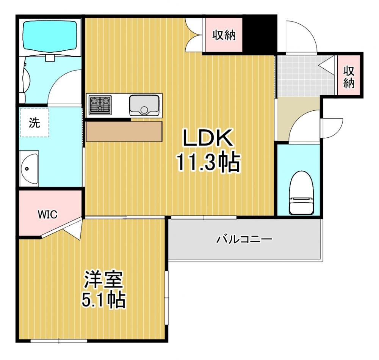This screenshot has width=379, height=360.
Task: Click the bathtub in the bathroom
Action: click(x=50, y=36)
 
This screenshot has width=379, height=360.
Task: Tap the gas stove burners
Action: click(x=100, y=105)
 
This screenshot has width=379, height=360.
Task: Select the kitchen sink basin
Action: click(x=144, y=105)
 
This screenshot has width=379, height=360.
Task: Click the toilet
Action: click(x=301, y=193)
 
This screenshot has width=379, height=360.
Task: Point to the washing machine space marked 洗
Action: click(x=34, y=123)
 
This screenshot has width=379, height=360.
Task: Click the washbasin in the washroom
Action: click(x=29, y=169)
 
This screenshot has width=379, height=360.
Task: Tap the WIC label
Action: click(x=48, y=214)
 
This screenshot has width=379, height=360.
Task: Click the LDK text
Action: click(x=208, y=138)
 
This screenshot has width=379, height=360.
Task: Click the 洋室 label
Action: click(x=103, y=280)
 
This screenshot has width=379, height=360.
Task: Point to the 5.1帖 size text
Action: click(x=103, y=300)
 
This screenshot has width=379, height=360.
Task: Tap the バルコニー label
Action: click(x=244, y=239)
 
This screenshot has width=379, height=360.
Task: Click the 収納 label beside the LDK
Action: click(x=224, y=35)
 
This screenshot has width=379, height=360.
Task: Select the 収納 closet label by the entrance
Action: click(x=349, y=77)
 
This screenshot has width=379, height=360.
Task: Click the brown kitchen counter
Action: click(x=124, y=131)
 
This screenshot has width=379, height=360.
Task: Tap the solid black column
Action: click(x=260, y=34)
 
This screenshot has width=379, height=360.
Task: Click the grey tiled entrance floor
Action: click(x=305, y=77)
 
